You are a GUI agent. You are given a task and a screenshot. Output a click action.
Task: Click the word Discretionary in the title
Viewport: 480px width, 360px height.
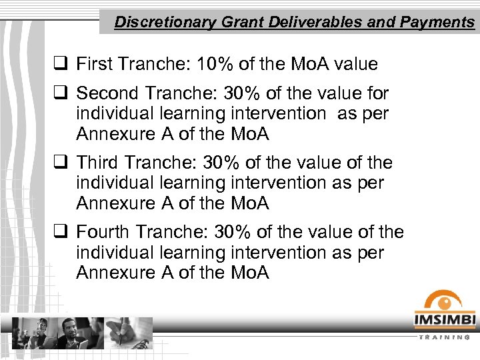157,22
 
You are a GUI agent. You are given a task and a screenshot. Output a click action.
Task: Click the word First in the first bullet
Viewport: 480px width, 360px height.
94,64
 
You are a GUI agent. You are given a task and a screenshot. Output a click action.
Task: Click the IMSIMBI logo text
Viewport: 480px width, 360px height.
444,321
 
